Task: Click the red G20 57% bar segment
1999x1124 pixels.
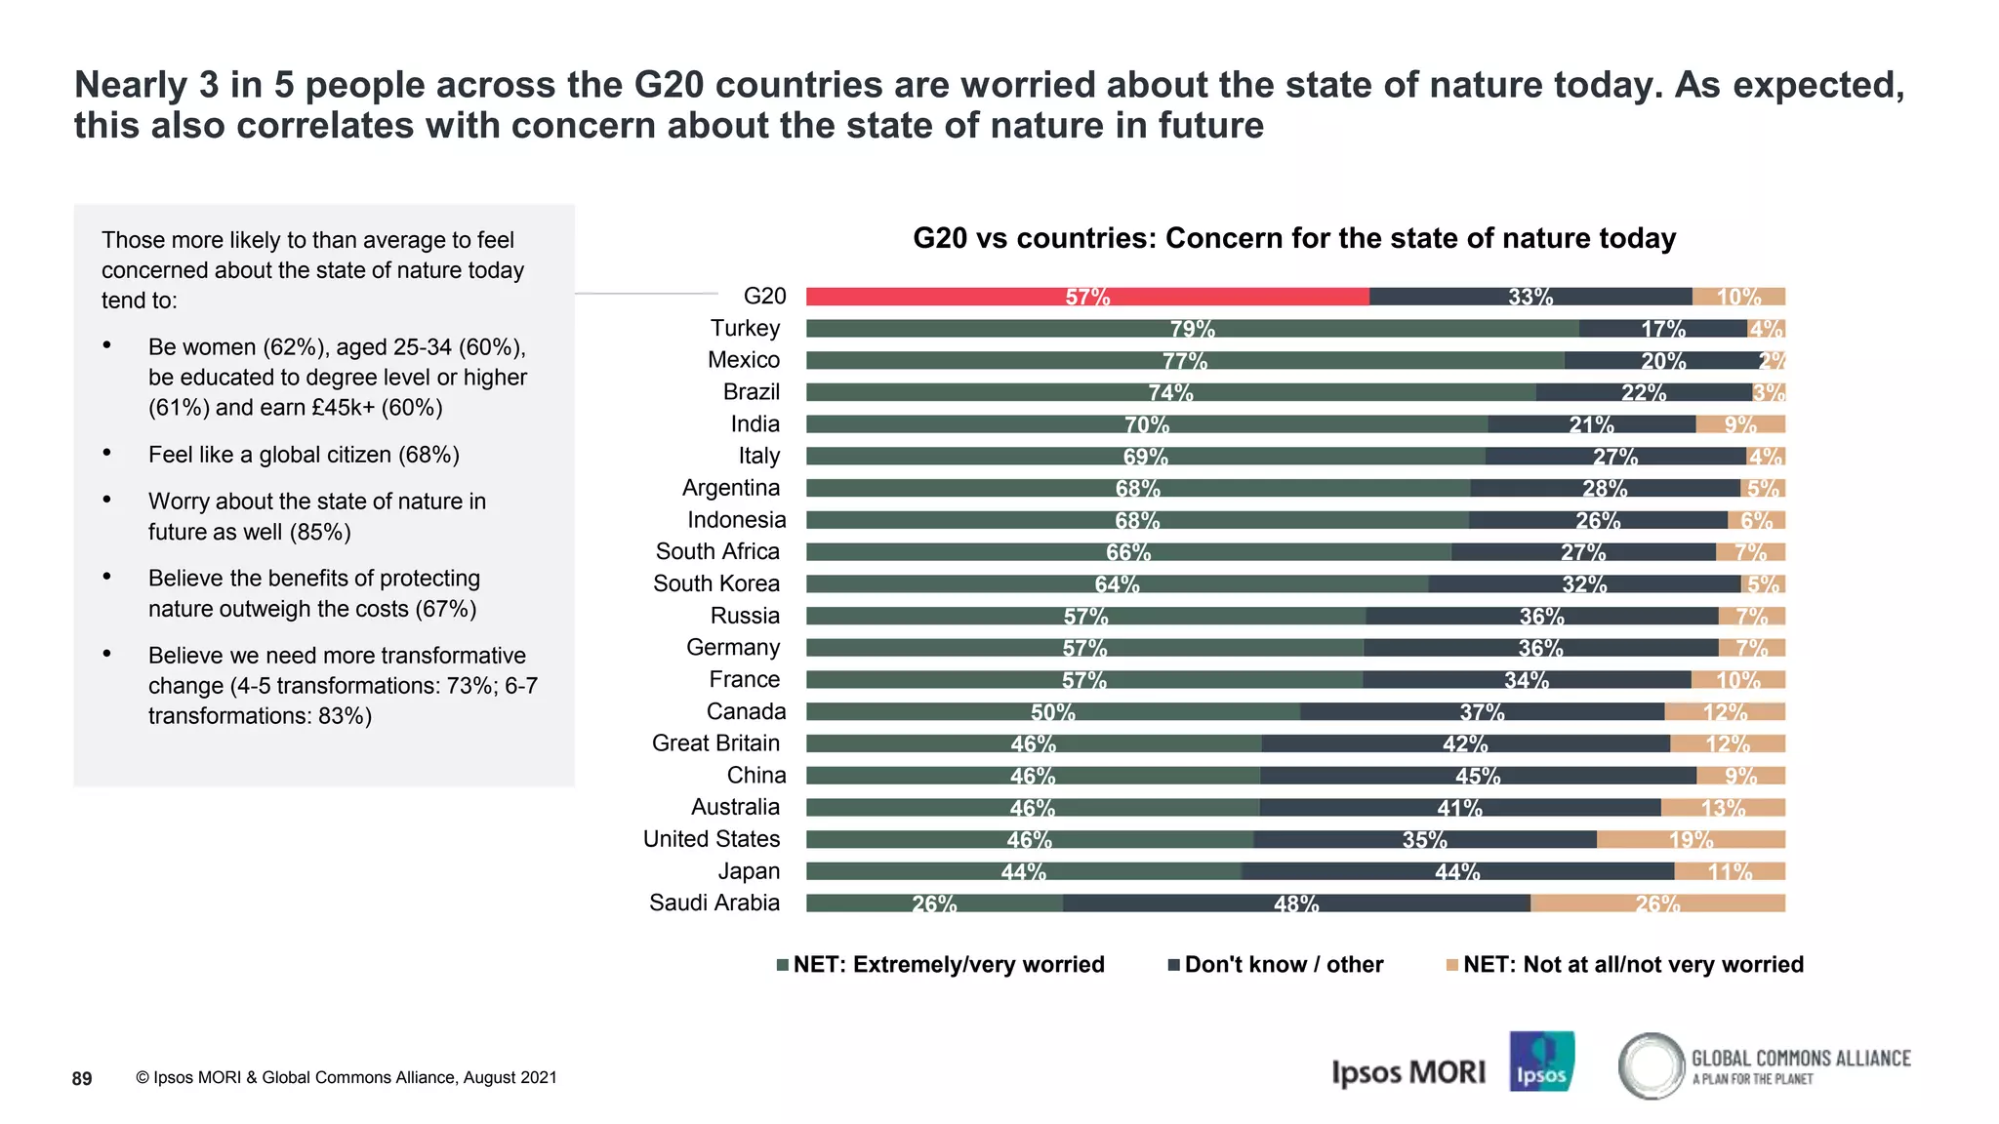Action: (x=1086, y=297)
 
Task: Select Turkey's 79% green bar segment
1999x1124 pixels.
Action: (x=1191, y=329)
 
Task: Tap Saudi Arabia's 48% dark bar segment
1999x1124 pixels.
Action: (x=1295, y=903)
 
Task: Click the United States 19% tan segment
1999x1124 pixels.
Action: (x=1690, y=840)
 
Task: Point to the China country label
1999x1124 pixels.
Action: (x=755, y=776)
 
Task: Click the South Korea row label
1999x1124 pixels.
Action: (x=715, y=583)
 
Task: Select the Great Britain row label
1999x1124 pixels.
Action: (x=715, y=743)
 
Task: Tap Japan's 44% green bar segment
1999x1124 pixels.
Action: (x=1023, y=871)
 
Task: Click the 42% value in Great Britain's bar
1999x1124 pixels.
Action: (x=1464, y=744)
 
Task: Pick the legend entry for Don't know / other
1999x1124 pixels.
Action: (x=1275, y=965)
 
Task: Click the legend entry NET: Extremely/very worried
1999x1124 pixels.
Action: (x=941, y=965)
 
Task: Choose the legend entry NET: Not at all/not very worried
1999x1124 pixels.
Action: (x=1625, y=965)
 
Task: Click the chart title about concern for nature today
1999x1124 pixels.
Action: (x=1294, y=238)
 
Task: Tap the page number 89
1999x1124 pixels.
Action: (x=82, y=1078)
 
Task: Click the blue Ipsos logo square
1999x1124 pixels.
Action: (x=1541, y=1062)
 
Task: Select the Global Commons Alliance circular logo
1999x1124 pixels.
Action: (x=1651, y=1065)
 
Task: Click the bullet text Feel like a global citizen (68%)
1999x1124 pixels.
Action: (x=304, y=455)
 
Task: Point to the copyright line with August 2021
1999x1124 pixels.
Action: (x=347, y=1078)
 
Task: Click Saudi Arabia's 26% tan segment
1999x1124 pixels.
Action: (x=1656, y=903)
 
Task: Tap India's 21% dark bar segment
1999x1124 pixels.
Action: (x=1591, y=424)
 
